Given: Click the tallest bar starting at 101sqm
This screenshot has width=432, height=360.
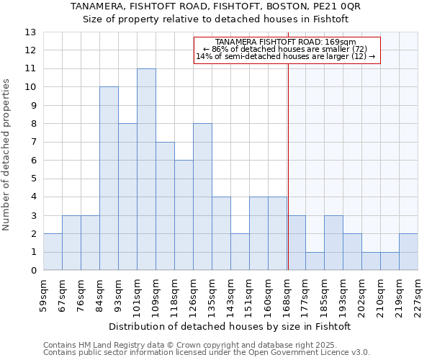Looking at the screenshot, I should (x=146, y=169).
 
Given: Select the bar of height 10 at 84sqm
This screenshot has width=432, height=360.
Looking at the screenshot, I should (x=109, y=179).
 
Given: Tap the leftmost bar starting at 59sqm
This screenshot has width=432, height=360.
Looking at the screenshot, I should (x=53, y=252).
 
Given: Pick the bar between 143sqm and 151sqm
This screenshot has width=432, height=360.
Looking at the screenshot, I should (x=240, y=252).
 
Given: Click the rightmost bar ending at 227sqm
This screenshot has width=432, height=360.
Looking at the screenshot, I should (x=408, y=252).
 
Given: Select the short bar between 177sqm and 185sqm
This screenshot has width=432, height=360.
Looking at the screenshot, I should (x=315, y=261).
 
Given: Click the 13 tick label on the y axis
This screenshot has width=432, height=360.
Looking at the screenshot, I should (x=30, y=32).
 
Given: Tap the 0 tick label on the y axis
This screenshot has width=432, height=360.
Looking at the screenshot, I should (x=32, y=271).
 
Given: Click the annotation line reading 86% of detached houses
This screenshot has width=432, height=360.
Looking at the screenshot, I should (x=285, y=49).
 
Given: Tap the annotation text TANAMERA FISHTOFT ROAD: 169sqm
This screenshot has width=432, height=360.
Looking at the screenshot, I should (x=285, y=42).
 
